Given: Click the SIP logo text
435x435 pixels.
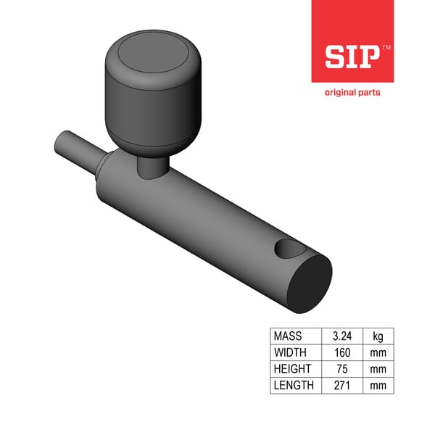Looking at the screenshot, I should click(x=351, y=57).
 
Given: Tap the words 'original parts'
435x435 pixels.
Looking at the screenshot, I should click(x=352, y=92).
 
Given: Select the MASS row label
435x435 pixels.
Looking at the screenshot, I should click(x=288, y=336).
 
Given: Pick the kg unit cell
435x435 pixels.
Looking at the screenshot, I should click(x=378, y=336).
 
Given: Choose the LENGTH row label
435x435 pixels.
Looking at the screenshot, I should click(x=294, y=385).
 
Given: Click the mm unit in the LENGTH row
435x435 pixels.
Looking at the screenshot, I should click(x=378, y=385).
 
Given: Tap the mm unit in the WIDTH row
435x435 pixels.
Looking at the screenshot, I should click(x=378, y=352).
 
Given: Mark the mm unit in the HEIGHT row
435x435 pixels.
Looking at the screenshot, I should click(x=378, y=368).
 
